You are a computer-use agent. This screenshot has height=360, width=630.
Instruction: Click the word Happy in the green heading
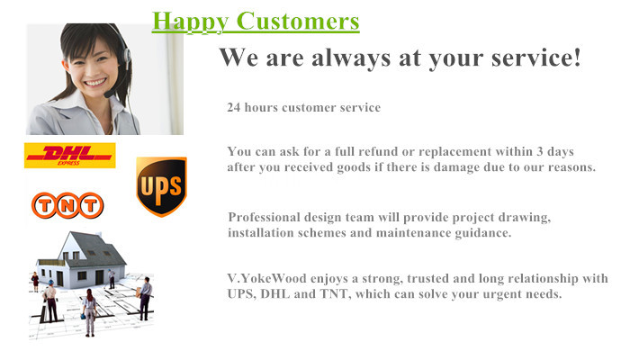pos(191,22)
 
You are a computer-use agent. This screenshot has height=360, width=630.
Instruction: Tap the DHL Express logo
pos(70,155)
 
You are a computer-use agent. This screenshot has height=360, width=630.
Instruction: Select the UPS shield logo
pos(161,186)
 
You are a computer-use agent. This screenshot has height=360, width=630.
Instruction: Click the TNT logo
pos(67,205)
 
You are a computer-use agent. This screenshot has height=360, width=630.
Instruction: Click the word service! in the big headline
pos(536,57)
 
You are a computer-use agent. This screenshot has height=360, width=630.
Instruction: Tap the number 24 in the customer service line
pos(233,108)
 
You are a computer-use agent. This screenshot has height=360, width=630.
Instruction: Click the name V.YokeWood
pos(266,278)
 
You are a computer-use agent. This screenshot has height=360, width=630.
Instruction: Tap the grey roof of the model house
pos(98,248)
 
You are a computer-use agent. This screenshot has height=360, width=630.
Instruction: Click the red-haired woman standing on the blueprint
pos(90,312)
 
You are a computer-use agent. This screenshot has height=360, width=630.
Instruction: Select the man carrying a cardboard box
pos(145,298)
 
